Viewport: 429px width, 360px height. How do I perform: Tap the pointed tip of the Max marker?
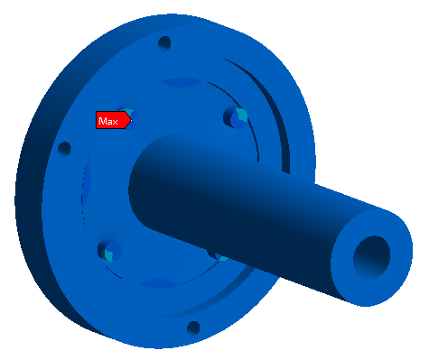coord(132,120)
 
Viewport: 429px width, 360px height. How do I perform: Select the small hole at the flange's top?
coord(164,43)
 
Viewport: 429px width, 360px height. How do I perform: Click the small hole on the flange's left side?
coord(64,149)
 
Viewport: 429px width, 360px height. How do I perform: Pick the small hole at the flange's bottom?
coord(193,328)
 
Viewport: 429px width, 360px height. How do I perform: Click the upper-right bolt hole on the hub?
coord(236,117)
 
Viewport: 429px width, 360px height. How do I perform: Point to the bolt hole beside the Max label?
coord(129,118)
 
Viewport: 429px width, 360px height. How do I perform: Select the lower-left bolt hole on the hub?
coord(109,251)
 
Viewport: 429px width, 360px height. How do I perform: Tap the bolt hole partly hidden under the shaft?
coord(219,256)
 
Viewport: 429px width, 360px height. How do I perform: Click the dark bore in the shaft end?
coord(371,258)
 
